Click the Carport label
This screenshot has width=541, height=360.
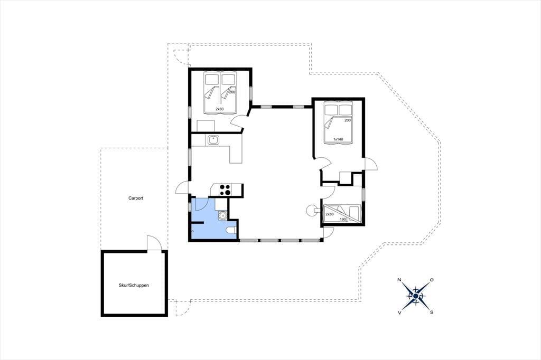(136, 198)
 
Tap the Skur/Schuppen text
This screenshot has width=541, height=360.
(134, 285)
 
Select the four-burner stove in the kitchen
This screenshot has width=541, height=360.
(225, 190)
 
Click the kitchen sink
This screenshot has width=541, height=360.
(213, 140)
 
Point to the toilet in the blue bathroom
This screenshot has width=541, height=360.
(230, 230)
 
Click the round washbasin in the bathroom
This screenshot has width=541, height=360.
(222, 215)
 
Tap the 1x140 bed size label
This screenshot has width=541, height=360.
(338, 139)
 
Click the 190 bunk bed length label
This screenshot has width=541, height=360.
(343, 219)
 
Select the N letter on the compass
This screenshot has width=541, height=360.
(399, 280)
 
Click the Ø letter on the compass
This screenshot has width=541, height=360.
(431, 280)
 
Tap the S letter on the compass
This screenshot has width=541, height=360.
(431, 312)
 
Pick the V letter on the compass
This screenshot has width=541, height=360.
(399, 312)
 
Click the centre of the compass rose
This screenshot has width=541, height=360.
(416, 296)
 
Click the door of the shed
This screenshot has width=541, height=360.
(154, 243)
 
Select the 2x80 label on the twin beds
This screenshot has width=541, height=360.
(219, 109)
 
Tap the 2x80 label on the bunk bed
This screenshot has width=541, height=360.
(330, 214)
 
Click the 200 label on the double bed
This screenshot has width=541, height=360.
(348, 120)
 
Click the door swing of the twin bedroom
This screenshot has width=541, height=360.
(238, 121)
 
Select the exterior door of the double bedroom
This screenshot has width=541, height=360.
(371, 164)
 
